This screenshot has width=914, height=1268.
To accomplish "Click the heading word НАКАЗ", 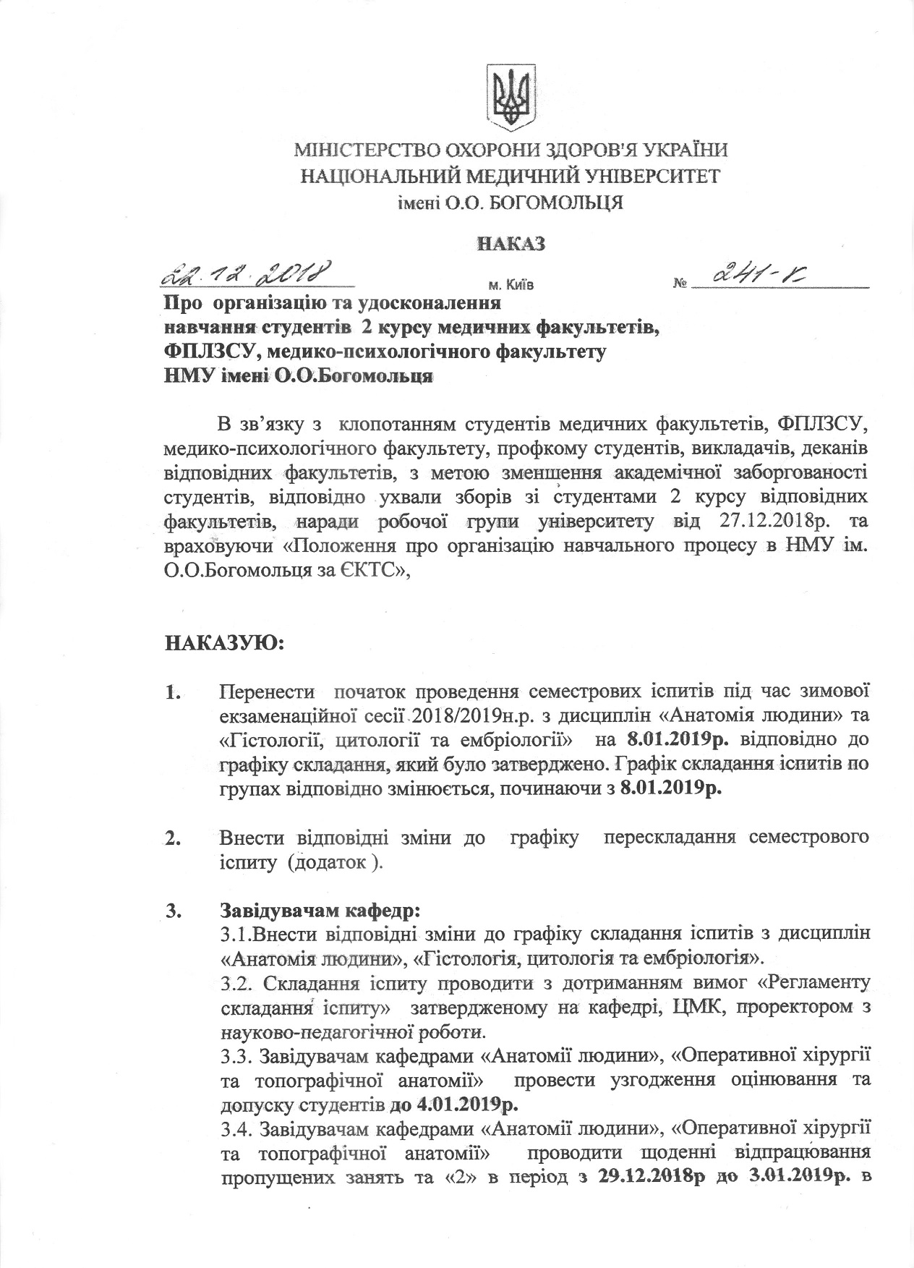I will tap(510, 243).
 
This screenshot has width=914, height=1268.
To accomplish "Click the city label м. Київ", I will tap(511, 285).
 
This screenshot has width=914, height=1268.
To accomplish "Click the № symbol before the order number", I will tap(679, 285).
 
